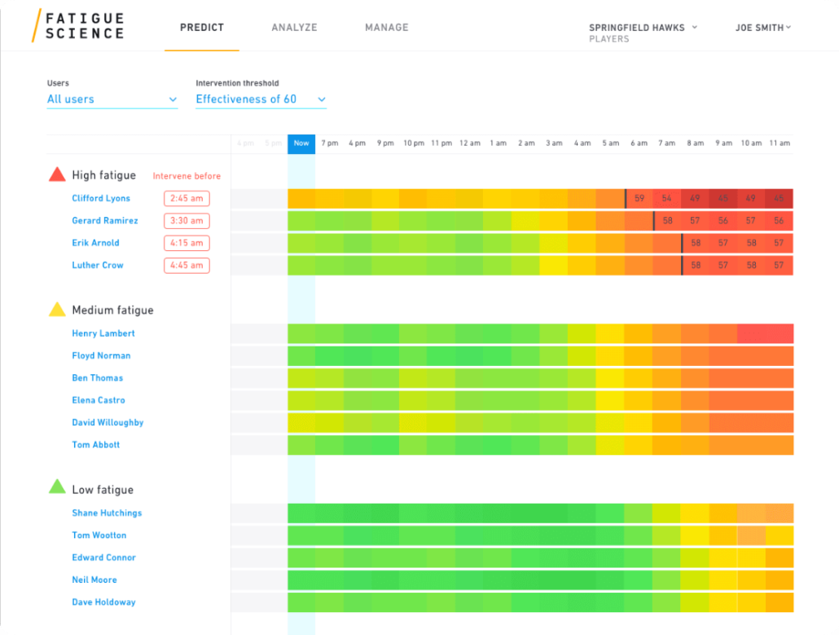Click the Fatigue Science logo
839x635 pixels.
(x=78, y=25)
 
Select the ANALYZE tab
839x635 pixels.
(x=294, y=28)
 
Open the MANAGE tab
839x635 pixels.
(x=387, y=28)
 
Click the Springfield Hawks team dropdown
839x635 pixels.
(x=643, y=28)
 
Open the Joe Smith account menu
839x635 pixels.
(x=763, y=28)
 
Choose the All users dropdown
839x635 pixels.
(x=112, y=99)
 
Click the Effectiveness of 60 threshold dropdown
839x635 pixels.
(x=261, y=99)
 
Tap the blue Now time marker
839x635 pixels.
(x=301, y=143)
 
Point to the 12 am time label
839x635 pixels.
(x=469, y=143)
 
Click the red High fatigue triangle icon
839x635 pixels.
(x=57, y=174)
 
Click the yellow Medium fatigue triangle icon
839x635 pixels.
(x=57, y=310)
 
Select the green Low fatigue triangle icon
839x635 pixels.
(x=57, y=487)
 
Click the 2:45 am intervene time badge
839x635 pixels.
(x=187, y=198)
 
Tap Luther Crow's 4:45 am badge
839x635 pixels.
(x=187, y=265)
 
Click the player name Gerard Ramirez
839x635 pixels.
(x=105, y=221)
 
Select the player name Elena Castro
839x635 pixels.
(x=99, y=400)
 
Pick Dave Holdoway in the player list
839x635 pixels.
(x=103, y=602)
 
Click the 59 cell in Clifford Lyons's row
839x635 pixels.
(x=639, y=198)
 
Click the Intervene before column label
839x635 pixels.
(x=187, y=176)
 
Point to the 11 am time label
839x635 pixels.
(x=780, y=143)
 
